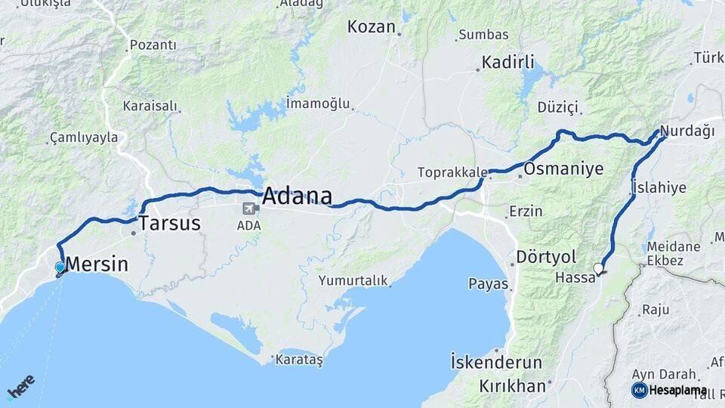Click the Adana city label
[297, 196]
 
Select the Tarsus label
[169, 223]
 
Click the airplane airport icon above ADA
[248, 209]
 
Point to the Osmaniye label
[563, 168]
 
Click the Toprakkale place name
[452, 172]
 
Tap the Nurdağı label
[687, 131]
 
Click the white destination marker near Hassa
[599, 268]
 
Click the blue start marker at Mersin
[60, 267]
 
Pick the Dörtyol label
[546, 257]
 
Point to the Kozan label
[371, 27]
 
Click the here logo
[20, 386]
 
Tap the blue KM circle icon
[639, 390]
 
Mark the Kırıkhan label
[512, 385]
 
